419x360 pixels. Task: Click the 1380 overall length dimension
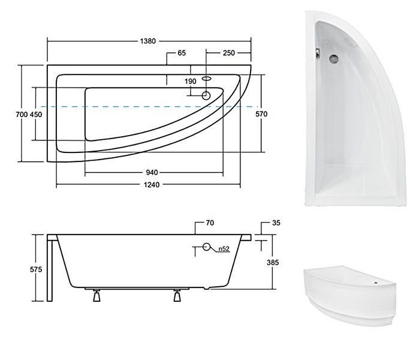[148, 41]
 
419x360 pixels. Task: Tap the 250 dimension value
[229, 53]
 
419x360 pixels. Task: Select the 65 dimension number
[182, 53]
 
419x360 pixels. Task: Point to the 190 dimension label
[190, 82]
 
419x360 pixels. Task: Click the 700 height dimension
[22, 115]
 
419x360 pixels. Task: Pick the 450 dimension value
[36, 115]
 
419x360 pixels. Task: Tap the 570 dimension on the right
[261, 114]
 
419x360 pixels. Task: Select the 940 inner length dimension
[152, 173]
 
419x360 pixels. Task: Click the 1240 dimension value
[152, 185]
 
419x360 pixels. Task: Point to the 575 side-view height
[36, 269]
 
